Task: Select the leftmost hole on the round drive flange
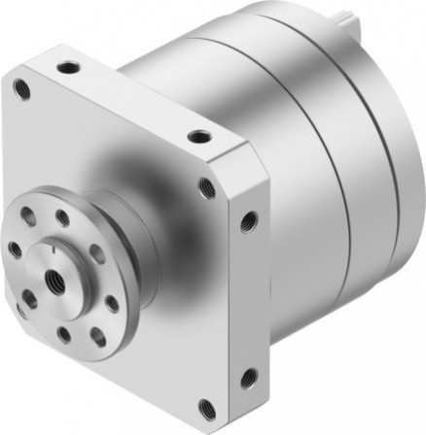tap(16, 251)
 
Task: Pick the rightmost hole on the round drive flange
tap(112, 304)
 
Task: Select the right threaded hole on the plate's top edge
tap(198, 136)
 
